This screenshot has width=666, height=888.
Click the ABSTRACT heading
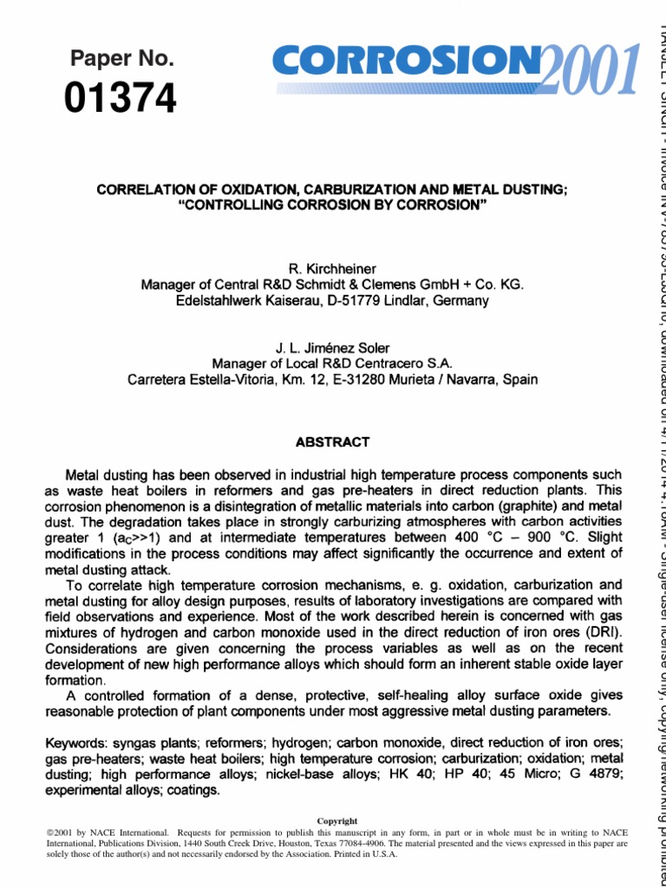pyautogui.click(x=332, y=441)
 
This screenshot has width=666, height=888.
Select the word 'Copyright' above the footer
pyautogui.click(x=336, y=820)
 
